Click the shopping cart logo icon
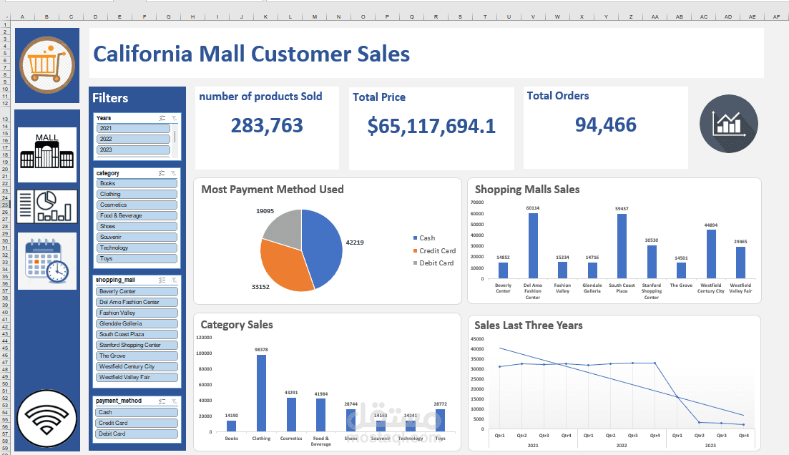[x=47, y=65]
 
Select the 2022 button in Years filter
[x=134, y=139]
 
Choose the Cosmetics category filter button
[x=137, y=205]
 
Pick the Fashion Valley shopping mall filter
[x=137, y=313]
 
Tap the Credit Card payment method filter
[x=137, y=423]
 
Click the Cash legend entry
[x=426, y=238]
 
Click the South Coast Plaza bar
[x=622, y=246]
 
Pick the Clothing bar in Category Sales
[x=261, y=393]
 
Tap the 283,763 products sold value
[x=267, y=126]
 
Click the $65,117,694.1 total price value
[x=431, y=126]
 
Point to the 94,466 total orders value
[x=605, y=125]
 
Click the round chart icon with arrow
[x=728, y=124]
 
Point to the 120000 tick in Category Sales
[x=204, y=338]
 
